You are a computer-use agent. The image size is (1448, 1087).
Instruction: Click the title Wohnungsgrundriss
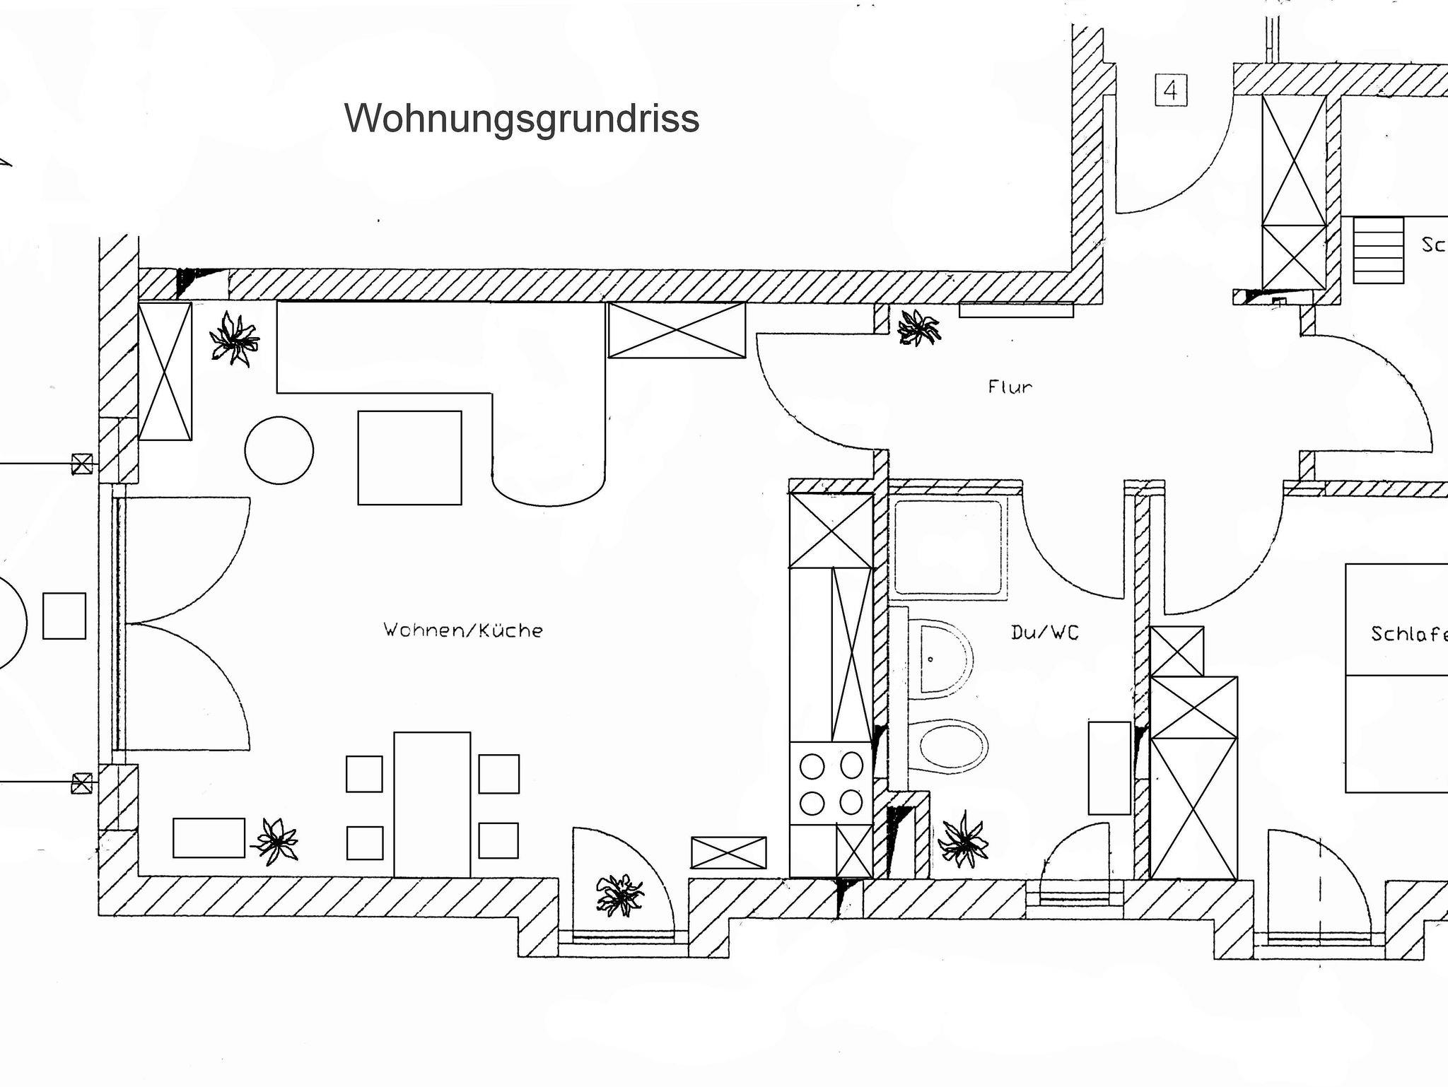pos(522,118)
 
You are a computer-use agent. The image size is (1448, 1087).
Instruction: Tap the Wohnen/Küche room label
pos(463,630)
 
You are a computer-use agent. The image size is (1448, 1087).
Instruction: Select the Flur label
pos(1010,387)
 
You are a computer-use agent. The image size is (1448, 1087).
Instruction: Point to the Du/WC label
pos(1044,633)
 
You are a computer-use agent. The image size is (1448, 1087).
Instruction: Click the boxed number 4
pos(1171,91)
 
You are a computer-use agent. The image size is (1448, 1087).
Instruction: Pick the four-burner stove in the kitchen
pos(831,783)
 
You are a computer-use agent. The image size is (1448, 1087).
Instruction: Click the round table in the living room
pos(279,450)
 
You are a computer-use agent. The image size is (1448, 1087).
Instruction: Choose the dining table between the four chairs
pos(432,804)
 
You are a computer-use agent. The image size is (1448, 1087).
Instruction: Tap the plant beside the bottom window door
pos(619,895)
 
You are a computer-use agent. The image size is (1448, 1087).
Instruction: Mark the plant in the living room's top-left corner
pos(234,339)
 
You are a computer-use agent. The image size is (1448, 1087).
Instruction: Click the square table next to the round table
pos(409,457)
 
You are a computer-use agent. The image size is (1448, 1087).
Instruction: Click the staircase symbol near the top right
pos(1378,250)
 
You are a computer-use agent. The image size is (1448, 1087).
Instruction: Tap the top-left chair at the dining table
pos(364,774)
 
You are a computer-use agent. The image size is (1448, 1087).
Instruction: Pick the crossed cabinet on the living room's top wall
pos(677,330)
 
